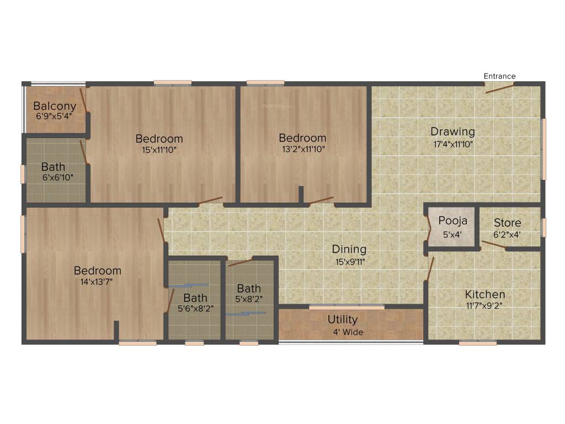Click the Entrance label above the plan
(499, 76)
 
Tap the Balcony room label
(55, 106)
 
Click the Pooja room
(452, 226)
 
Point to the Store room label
(507, 223)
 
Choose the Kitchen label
(484, 294)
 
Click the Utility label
(343, 319)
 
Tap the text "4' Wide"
(348, 332)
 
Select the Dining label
(349, 250)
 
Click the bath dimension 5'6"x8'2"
(195, 309)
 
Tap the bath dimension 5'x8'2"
(249, 300)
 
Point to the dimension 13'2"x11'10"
(302, 149)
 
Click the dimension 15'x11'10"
(159, 149)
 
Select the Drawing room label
(452, 131)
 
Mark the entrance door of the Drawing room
(499, 87)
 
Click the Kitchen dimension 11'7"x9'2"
(484, 305)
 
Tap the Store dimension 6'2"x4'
(507, 234)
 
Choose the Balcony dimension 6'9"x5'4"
(54, 116)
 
